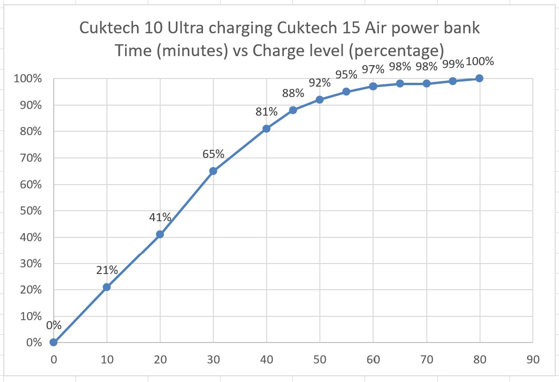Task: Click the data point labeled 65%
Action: pos(213,171)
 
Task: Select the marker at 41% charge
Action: pos(160,234)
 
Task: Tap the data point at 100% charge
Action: pos(479,78)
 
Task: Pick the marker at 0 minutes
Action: pos(54,342)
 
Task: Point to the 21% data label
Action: pos(107,270)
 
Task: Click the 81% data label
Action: pos(266,112)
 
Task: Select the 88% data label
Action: pos(293,94)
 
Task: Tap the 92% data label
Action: pos(319,83)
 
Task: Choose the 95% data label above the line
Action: pos(346,74)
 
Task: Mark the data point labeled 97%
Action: pos(373,86)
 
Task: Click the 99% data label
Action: pos(453,64)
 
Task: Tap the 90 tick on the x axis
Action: pos(532,359)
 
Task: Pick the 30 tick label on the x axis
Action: pos(213,359)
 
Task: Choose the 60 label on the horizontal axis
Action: pos(373,359)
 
